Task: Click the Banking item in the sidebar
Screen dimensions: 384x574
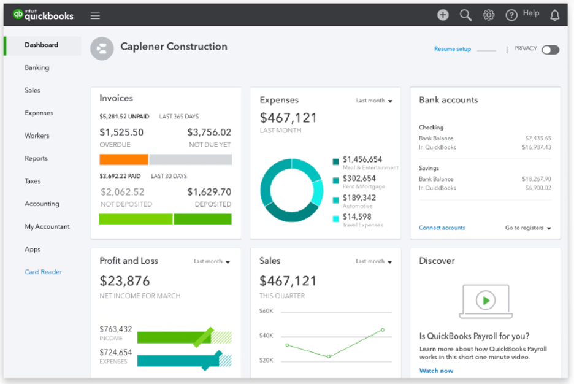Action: coord(37,67)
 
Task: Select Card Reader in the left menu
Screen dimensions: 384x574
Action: coord(43,272)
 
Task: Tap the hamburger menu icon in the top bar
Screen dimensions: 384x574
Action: coord(95,15)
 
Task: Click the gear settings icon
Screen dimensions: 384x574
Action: coord(488,15)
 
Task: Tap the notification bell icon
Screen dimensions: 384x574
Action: coord(554,15)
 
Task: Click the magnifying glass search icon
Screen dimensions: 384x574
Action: coord(465,15)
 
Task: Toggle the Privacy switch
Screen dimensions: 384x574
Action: coord(550,50)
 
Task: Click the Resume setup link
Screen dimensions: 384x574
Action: coord(453,49)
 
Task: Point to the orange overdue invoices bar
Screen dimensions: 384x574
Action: coord(124,159)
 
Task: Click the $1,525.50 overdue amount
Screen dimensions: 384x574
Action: coord(121,132)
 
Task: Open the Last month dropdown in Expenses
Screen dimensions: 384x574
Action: coord(374,101)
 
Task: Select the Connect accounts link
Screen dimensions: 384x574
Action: coord(442,228)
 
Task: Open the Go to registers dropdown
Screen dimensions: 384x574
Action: coord(528,228)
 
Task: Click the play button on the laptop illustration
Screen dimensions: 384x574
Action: coord(486,301)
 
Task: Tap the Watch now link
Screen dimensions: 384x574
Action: coord(436,371)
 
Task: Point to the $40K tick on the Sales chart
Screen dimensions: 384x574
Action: coord(266,335)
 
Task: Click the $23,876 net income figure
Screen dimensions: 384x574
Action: coord(125,281)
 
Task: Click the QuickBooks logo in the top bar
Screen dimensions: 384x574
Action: coord(44,15)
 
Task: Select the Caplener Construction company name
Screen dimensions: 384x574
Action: coord(174,47)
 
